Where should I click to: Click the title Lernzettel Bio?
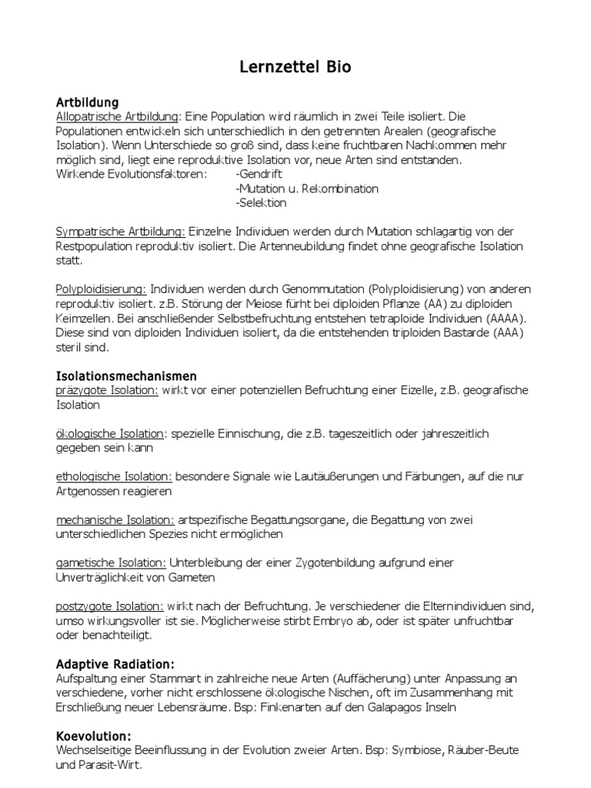click(295, 68)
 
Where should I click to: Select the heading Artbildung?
click(88, 102)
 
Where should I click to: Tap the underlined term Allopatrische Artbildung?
click(118, 115)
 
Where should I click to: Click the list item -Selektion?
click(262, 203)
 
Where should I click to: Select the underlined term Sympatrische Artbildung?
click(121, 232)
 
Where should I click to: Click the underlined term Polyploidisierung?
click(102, 289)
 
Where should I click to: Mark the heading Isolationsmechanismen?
click(127, 376)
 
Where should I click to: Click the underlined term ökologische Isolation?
click(110, 434)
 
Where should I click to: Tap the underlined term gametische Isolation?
click(112, 563)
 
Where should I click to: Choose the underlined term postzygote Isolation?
click(110, 607)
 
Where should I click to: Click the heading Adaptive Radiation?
click(115, 664)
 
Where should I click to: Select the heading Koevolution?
click(94, 736)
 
